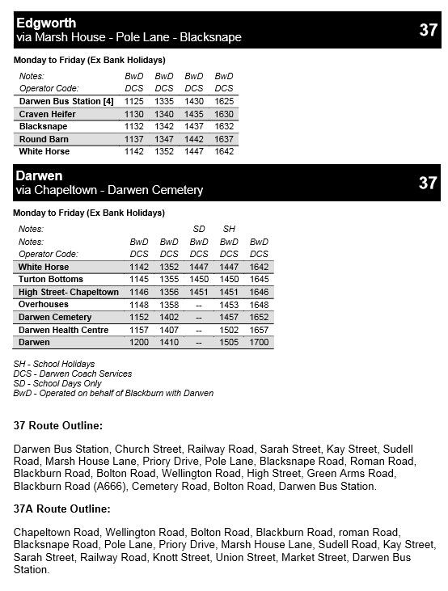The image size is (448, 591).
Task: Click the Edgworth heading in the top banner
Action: pos(46,23)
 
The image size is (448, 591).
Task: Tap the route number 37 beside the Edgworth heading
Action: pos(428,31)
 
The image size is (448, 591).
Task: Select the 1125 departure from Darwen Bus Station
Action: pos(134,101)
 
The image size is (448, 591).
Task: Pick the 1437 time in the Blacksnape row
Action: pos(194,126)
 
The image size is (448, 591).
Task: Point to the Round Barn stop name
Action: pos(44,139)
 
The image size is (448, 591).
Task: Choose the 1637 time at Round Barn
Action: pos(224,139)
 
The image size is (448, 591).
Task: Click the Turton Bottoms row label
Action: pos(51,279)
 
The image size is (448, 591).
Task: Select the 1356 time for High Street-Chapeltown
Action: pos(169,292)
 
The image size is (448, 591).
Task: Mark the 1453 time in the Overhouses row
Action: pos(229,305)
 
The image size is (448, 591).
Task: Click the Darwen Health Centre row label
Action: pos(63,330)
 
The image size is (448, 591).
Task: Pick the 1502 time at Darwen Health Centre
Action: pos(229,330)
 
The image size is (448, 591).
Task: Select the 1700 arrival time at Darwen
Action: pos(259,343)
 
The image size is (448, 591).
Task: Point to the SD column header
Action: pos(199,229)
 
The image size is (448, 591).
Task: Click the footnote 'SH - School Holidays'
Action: pos(54,365)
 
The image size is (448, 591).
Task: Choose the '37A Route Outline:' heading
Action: pos(61,509)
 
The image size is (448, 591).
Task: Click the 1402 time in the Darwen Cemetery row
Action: pos(169,317)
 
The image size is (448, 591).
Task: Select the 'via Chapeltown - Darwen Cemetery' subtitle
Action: pos(109,190)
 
